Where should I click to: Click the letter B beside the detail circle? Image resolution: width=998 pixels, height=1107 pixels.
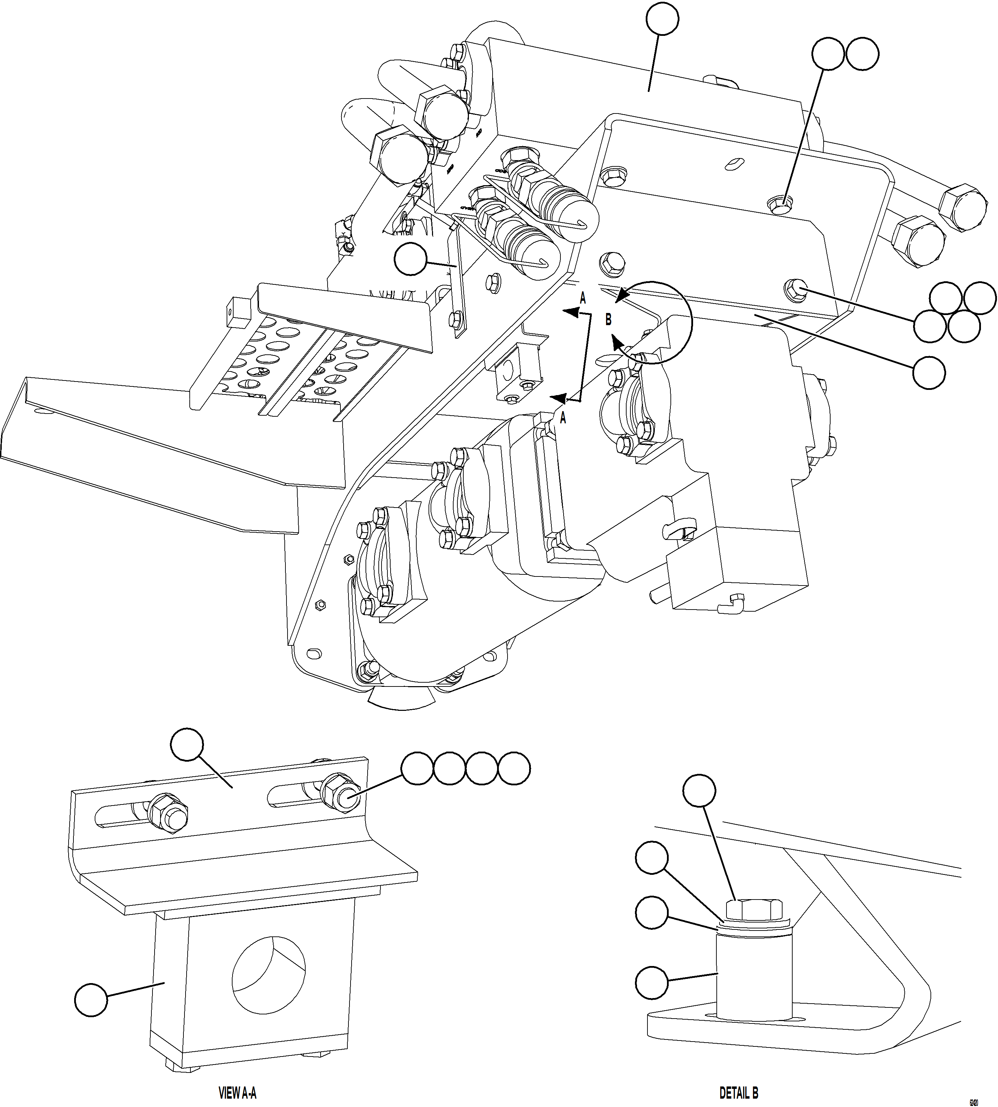point(608,319)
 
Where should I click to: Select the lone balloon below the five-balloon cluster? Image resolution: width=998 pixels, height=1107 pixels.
point(929,373)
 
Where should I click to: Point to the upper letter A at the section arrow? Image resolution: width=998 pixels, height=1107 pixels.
point(583,298)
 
